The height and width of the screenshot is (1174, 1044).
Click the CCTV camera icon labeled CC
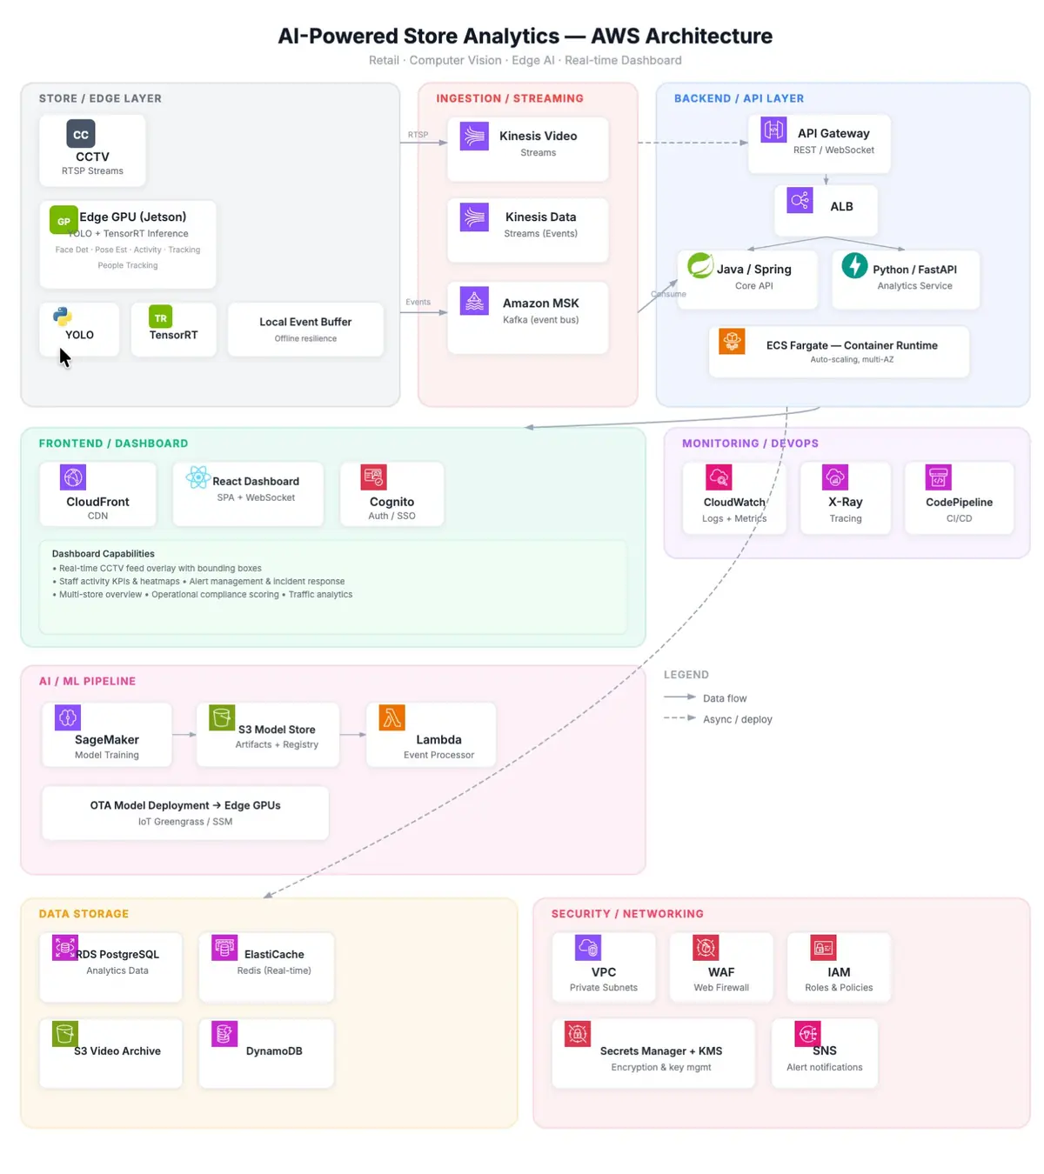(x=81, y=134)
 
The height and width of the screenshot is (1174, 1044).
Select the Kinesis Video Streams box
(x=527, y=149)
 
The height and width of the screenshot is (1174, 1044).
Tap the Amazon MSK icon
(x=474, y=301)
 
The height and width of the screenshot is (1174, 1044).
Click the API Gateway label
(x=833, y=133)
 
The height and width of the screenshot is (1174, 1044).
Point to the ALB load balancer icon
(x=800, y=200)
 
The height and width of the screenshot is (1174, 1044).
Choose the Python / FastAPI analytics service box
(x=906, y=279)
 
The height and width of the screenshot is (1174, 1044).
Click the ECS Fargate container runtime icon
(x=732, y=341)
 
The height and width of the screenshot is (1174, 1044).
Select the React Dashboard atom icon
(x=197, y=477)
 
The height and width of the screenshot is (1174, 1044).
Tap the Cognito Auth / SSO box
(x=391, y=494)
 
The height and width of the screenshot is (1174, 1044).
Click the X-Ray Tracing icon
(x=835, y=477)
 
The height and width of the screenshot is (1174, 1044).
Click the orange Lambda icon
(x=392, y=717)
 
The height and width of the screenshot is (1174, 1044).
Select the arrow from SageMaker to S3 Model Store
(x=184, y=735)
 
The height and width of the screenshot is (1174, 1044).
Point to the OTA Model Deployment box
(x=185, y=813)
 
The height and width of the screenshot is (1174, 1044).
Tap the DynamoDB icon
(x=224, y=1033)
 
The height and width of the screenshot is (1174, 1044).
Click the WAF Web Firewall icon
(x=706, y=947)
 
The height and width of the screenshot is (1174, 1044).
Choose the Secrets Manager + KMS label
(x=661, y=1051)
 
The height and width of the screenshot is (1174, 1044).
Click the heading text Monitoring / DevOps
(x=750, y=444)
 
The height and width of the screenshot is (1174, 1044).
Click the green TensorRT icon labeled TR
(x=160, y=317)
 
